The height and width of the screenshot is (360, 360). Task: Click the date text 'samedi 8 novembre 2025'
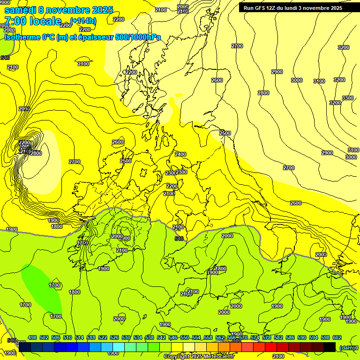point(59,10)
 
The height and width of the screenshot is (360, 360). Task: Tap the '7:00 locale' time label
point(33,21)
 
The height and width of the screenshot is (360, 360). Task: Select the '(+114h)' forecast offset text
point(84,20)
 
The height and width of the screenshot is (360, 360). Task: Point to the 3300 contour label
point(348,98)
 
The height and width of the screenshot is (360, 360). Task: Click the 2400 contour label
point(180,154)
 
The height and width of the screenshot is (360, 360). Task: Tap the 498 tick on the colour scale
point(32,337)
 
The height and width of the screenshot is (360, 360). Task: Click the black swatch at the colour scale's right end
point(330,347)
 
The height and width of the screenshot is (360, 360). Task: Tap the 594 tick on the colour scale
point(314,337)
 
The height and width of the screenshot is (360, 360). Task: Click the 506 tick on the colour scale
point(56,337)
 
